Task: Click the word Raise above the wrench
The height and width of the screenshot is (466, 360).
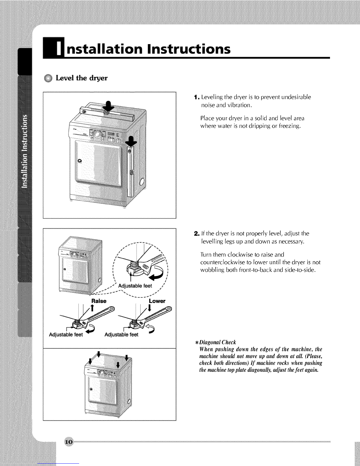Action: point(99,301)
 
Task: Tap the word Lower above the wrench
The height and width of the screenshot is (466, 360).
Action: point(157,301)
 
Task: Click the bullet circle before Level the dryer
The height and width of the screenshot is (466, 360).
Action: point(48,79)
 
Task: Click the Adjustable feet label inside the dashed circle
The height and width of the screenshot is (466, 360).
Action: point(135,286)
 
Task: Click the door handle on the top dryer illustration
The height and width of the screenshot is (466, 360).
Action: point(79,161)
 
